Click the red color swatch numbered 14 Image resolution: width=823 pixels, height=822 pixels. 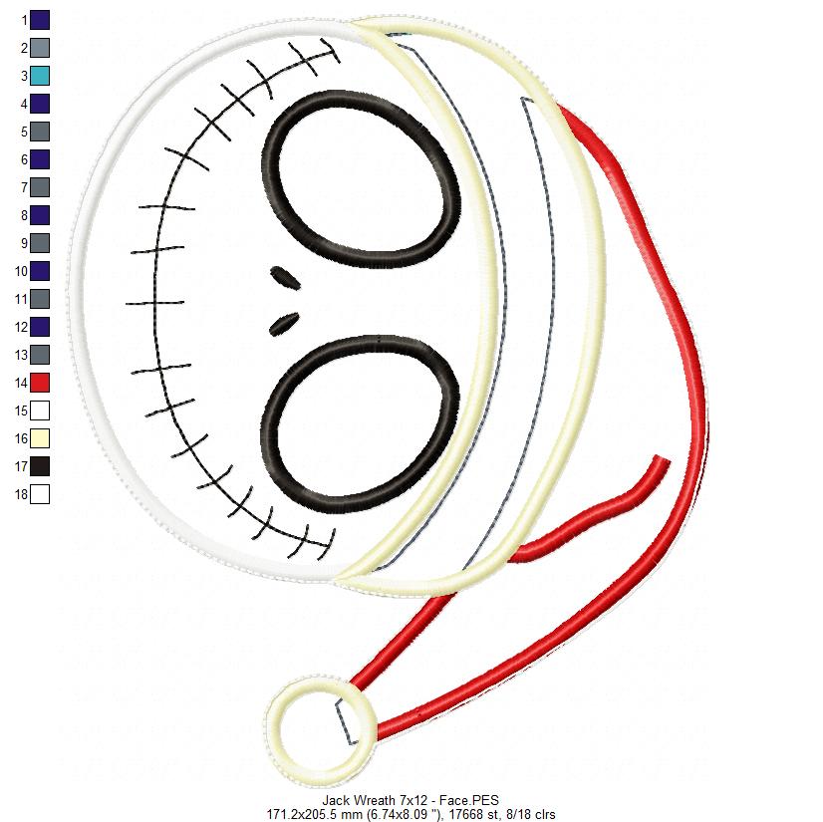point(40,383)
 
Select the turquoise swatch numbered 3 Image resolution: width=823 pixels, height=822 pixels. point(40,76)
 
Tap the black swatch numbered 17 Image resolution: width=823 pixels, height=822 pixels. point(40,466)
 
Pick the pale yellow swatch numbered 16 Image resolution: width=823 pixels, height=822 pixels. point(40,438)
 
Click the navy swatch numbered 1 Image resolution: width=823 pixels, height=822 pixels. point(40,20)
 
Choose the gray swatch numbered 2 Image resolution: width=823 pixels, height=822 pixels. point(40,48)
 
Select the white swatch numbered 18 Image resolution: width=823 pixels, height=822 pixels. point(40,494)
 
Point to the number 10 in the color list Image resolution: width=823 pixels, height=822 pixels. point(21,271)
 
